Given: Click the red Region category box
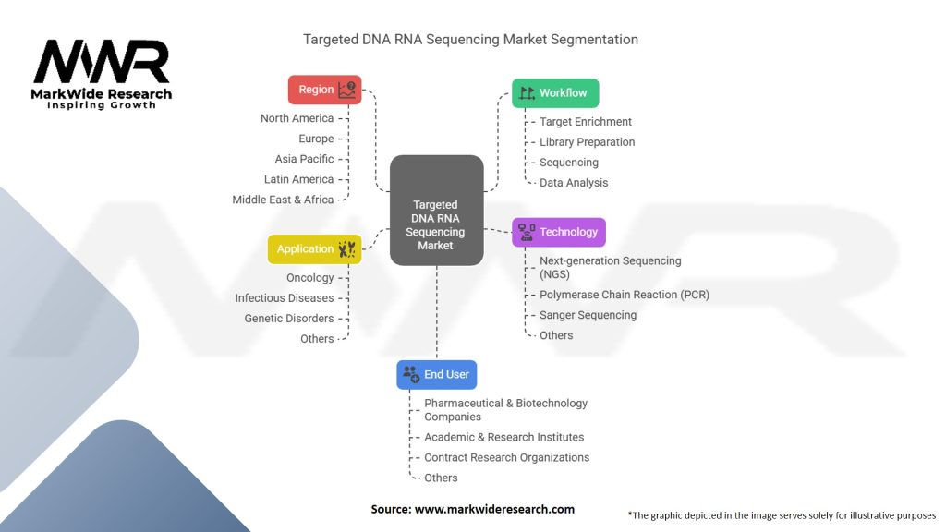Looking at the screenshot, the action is (324, 90).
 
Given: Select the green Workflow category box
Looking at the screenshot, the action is (555, 93).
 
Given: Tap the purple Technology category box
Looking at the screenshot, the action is (559, 232).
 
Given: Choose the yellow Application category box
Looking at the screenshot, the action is (314, 249).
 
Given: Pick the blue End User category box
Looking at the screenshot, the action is (437, 375).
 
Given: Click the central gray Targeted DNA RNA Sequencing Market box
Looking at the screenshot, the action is (437, 210).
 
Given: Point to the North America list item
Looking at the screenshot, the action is (297, 118).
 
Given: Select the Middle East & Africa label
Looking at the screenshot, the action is (283, 199).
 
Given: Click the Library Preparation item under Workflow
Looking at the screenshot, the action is (587, 142).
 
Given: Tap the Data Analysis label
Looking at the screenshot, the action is (574, 183).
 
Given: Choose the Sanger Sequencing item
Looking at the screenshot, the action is (588, 316).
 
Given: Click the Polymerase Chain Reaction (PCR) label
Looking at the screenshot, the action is (625, 295).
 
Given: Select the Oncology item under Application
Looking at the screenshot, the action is (310, 278).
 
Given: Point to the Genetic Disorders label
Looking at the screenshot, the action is (289, 319).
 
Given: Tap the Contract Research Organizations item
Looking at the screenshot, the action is (507, 458).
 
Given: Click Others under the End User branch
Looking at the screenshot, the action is (441, 478).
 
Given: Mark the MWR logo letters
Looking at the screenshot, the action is (102, 62).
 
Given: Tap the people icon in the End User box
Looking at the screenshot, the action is (411, 374).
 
